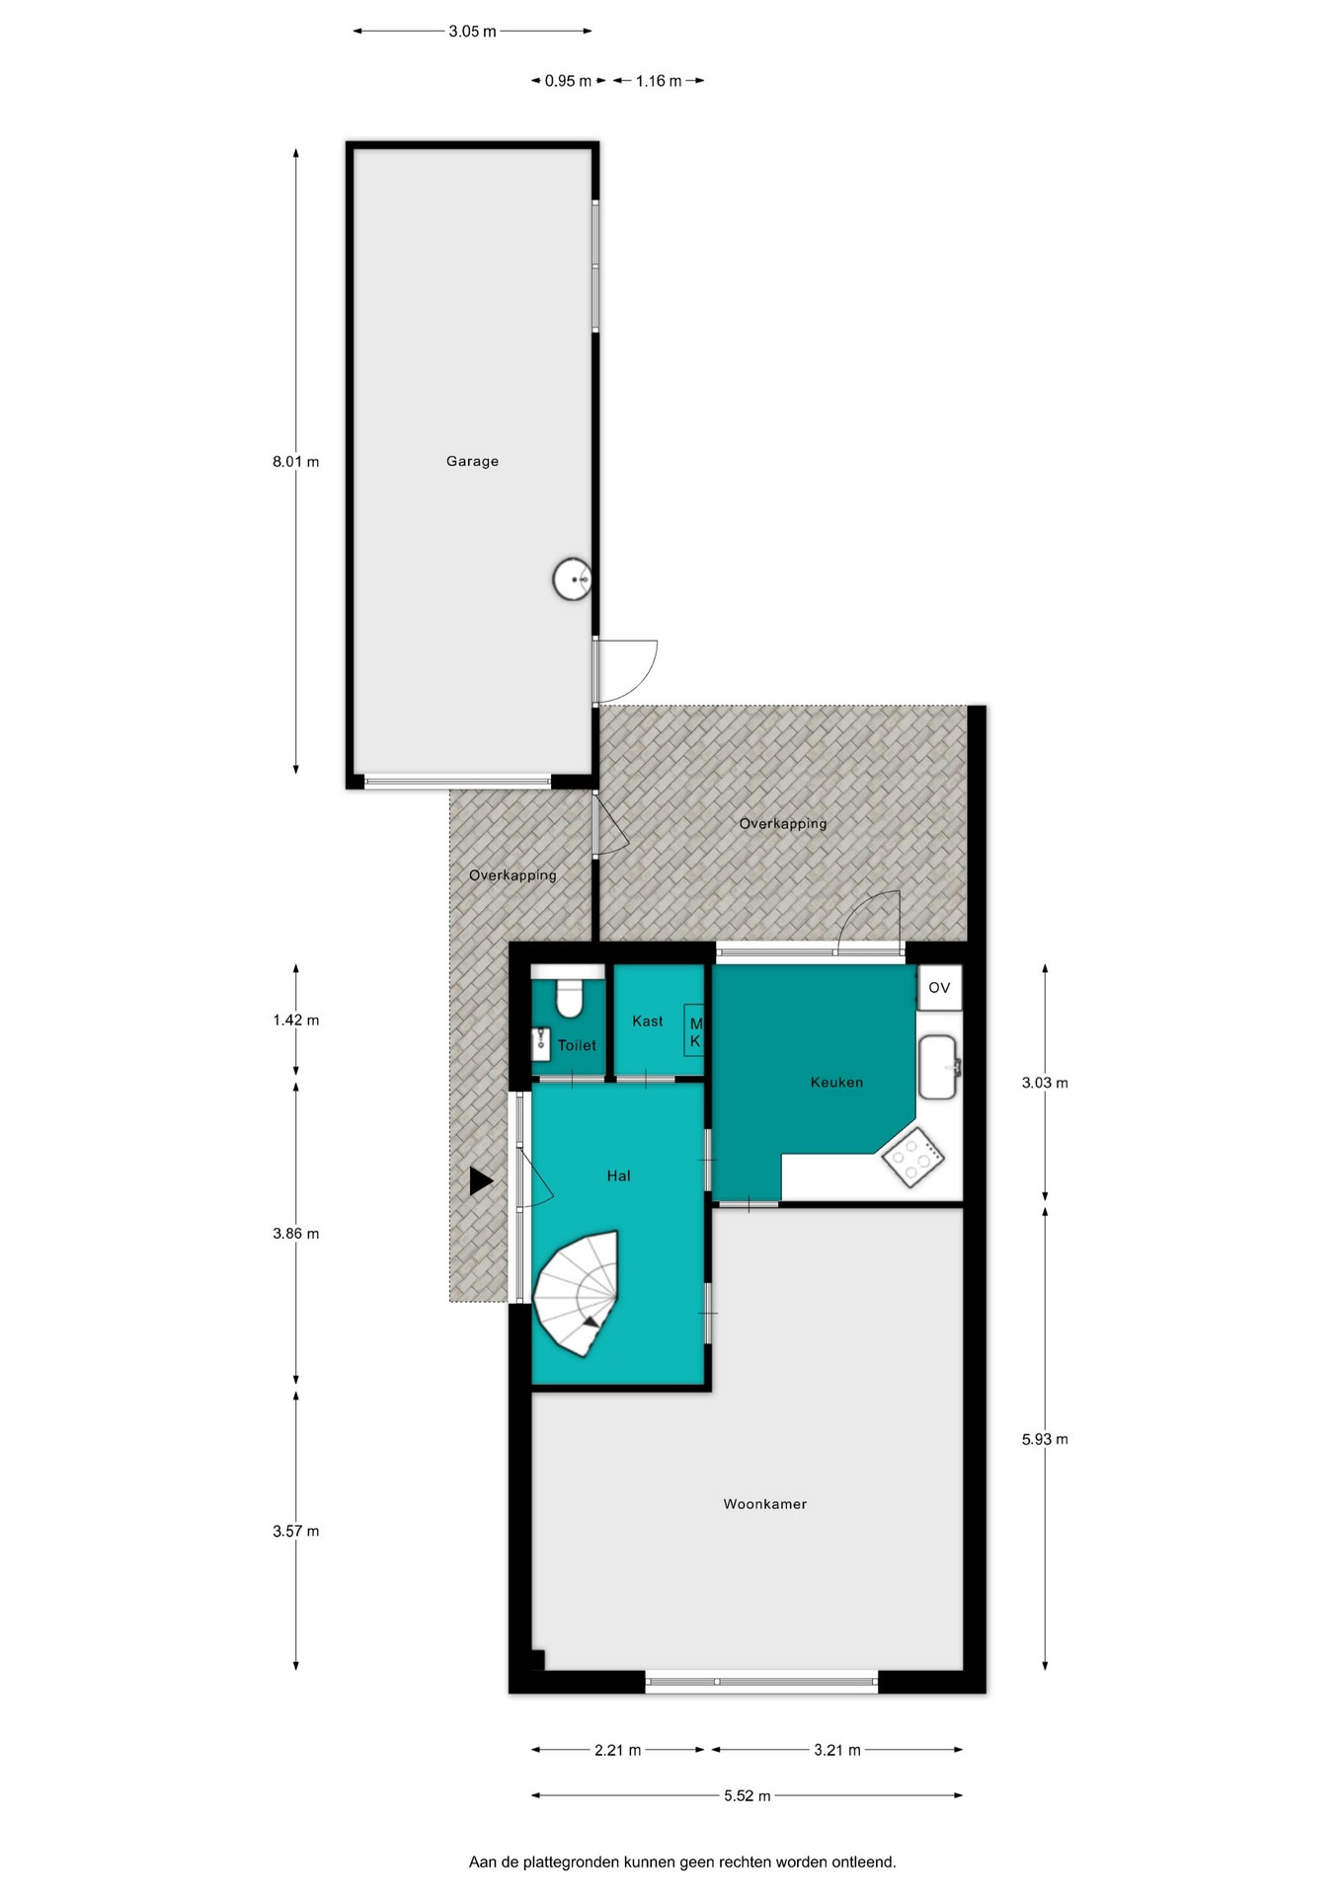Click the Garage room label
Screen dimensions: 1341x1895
(472, 461)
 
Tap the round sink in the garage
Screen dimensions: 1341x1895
(572, 579)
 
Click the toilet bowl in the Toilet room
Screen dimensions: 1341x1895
(569, 997)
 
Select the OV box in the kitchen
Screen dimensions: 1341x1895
(939, 988)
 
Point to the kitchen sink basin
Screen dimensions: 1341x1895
(938, 1067)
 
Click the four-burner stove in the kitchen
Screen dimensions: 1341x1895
(912, 1157)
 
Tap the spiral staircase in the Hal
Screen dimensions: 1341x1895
(576, 1293)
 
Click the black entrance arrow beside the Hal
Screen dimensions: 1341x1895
(481, 1181)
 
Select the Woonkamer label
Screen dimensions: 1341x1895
(765, 1504)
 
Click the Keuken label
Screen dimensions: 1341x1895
(836, 1082)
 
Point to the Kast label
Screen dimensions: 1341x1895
(648, 1021)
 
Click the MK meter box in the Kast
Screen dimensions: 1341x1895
(694, 1032)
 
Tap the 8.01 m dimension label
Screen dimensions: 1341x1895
(296, 461)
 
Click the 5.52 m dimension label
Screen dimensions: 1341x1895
(747, 1795)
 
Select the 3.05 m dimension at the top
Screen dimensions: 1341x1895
(472, 31)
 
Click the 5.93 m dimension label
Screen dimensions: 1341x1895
(1045, 1439)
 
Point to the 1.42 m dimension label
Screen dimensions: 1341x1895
(296, 1020)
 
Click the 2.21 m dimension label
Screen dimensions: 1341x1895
(617, 1750)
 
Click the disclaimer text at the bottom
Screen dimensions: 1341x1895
(682, 1862)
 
